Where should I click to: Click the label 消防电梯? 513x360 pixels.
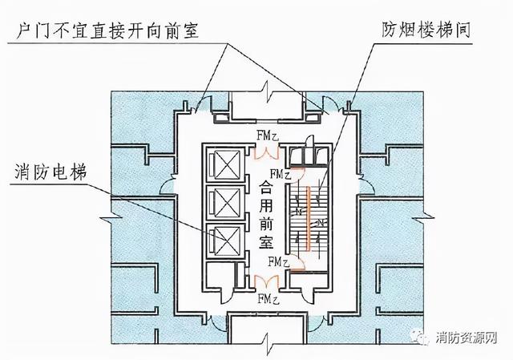(50, 172)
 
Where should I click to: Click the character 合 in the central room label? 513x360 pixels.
(266, 187)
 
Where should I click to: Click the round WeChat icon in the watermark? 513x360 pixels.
(422, 339)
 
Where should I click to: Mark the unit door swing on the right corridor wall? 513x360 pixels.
(365, 186)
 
